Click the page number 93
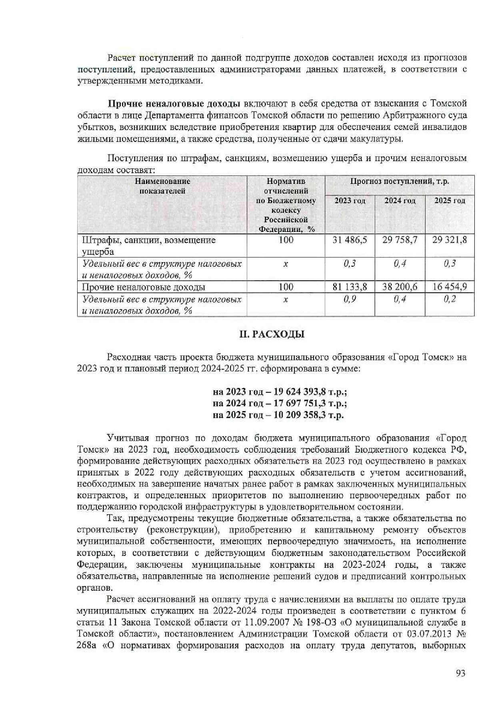click(460, 673)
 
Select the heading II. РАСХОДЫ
click(272, 334)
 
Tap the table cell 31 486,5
click(350, 240)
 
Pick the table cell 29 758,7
click(400, 240)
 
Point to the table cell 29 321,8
click(450, 240)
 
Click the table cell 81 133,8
click(350, 287)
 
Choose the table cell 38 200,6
click(400, 287)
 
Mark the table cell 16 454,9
click(450, 287)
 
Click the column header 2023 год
click(350, 201)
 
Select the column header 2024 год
click(400, 201)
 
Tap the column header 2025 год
click(450, 201)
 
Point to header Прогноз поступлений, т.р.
click(399, 182)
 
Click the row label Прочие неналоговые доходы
click(144, 287)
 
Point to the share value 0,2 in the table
click(450, 299)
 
